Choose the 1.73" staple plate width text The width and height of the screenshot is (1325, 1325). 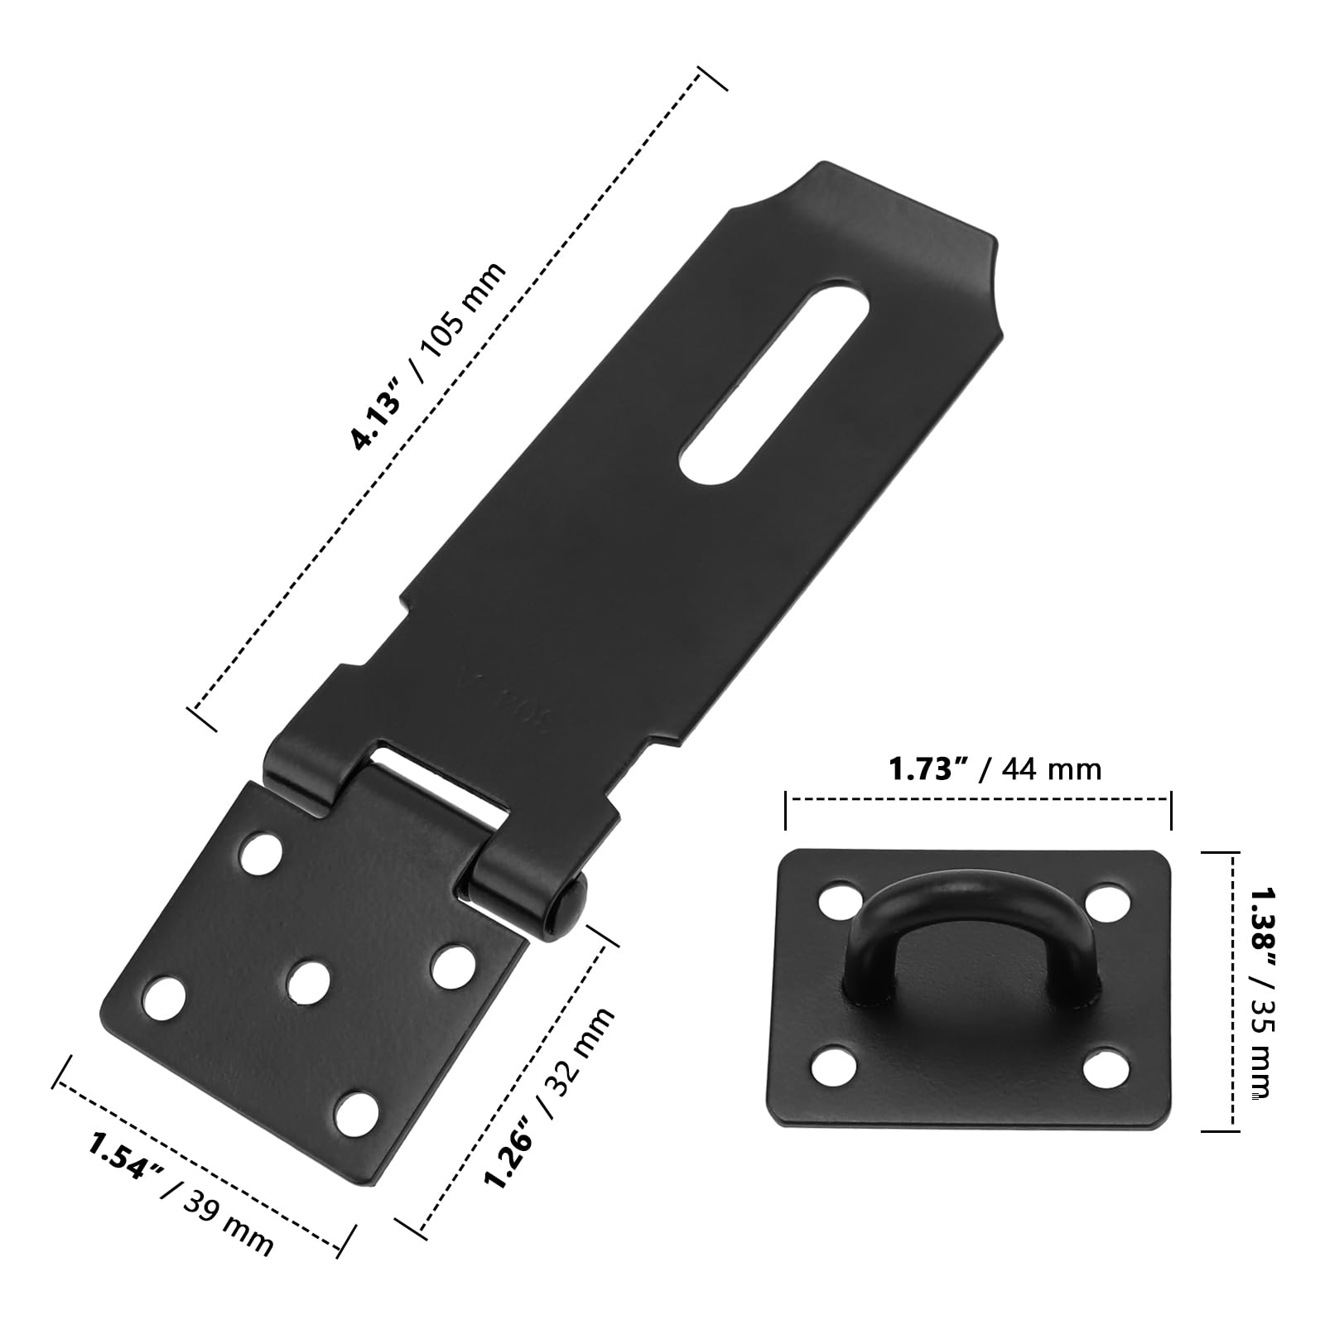point(928,768)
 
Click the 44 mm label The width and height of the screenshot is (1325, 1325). point(1052,770)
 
